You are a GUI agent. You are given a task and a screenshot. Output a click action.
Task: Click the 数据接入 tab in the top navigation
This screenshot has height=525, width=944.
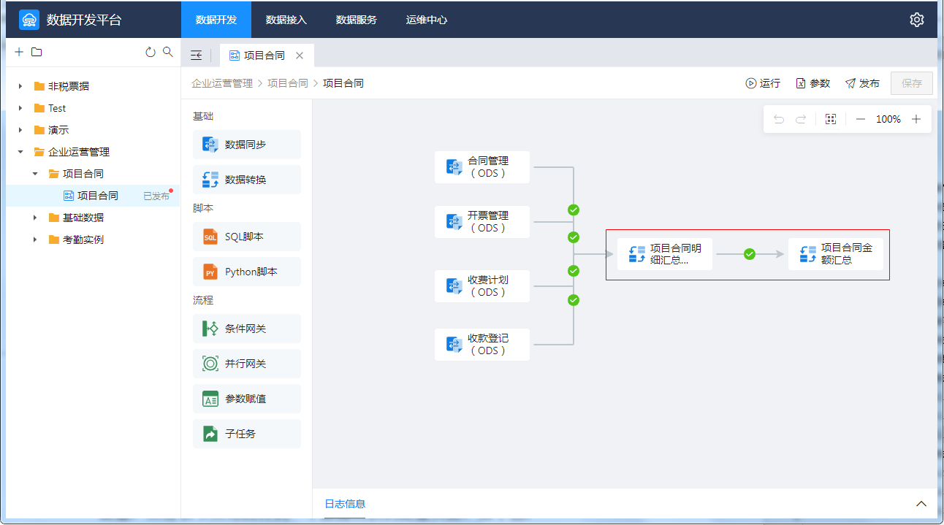click(286, 20)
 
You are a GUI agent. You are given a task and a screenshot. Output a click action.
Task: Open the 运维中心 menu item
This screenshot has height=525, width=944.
click(426, 20)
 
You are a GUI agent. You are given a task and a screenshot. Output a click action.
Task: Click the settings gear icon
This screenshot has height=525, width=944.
click(917, 20)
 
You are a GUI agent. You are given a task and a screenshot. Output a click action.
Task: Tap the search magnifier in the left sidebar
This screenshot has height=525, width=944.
click(168, 52)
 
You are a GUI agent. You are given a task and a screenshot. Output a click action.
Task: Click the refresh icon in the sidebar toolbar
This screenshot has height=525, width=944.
click(150, 52)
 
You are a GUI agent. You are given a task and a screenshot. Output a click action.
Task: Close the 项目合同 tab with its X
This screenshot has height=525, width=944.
click(300, 55)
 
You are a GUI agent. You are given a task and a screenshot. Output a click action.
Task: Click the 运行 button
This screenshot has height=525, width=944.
click(763, 83)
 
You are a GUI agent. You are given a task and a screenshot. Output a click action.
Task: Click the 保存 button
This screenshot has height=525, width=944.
click(911, 83)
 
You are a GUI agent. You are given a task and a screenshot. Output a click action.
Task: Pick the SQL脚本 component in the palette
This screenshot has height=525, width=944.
click(246, 237)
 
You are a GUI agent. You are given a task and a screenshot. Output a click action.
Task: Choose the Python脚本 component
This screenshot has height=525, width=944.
click(246, 272)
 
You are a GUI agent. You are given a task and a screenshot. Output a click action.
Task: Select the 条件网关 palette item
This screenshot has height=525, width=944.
click(246, 329)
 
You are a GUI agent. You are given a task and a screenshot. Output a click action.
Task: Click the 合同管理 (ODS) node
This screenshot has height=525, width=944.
click(481, 167)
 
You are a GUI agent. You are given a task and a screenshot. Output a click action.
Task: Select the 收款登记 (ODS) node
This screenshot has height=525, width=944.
click(481, 345)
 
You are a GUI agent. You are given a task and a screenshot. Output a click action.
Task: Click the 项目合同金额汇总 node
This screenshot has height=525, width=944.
click(835, 254)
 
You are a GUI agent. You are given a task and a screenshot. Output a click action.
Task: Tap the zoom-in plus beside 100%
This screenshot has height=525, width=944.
click(916, 119)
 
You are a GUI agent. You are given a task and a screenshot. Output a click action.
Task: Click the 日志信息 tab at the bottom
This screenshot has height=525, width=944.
click(345, 504)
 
